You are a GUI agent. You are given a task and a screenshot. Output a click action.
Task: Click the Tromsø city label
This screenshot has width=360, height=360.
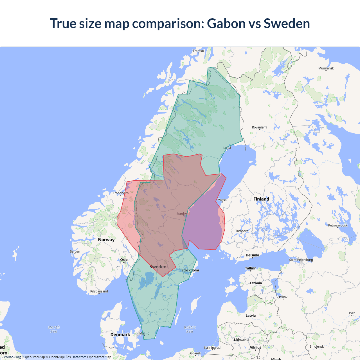point(198,51)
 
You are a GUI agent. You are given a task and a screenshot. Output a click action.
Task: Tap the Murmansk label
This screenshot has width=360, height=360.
point(326,68)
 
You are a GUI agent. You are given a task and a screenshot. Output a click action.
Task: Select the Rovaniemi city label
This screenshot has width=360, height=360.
point(259,127)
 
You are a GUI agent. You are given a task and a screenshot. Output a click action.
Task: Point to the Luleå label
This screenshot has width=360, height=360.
point(227,148)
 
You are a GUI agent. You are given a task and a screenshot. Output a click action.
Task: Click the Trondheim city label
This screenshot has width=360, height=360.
point(121,193)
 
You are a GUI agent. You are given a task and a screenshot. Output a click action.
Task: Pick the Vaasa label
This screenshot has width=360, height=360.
point(222,200)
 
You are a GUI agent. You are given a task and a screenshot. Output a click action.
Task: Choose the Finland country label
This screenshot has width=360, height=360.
point(261,199)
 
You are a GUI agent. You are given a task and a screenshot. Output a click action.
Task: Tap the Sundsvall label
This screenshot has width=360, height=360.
point(183,214)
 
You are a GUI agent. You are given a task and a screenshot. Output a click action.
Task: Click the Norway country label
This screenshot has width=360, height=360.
point(106,240)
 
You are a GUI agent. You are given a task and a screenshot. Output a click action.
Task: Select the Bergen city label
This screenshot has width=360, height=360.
point(75,252)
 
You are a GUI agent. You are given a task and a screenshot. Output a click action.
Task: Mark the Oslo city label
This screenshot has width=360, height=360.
point(124,260)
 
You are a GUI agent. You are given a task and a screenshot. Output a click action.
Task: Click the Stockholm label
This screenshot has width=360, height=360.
point(190,270)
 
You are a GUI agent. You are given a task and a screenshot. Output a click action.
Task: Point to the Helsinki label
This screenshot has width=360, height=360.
point(252,255)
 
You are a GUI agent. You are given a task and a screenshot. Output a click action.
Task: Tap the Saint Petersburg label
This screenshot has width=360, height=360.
point(301,260)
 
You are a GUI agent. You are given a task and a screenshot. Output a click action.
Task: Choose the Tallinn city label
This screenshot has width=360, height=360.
point(251,268)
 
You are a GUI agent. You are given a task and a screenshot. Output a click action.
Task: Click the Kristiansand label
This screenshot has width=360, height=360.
point(99,291)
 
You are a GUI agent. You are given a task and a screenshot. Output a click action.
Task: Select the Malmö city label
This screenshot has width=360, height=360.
point(144,334)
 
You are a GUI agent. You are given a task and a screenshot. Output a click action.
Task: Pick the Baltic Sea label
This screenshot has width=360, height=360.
point(190,329)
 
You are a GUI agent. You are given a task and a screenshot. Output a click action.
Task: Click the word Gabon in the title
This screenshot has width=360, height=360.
point(226,23)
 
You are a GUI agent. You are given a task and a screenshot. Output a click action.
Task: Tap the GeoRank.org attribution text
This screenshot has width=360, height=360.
point(11,357)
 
